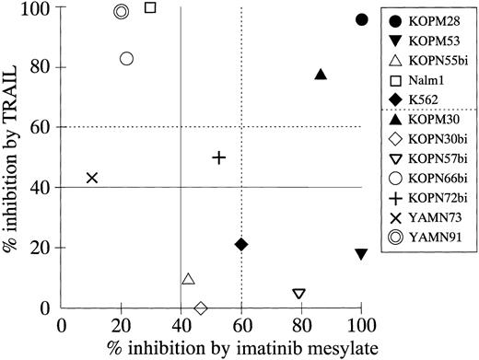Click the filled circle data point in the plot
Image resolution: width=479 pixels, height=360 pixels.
click(x=362, y=19)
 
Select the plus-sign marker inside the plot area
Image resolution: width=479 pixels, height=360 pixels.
click(x=219, y=157)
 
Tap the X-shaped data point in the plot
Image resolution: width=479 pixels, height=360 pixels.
click(x=92, y=178)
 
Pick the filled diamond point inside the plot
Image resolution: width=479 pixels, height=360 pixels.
click(x=241, y=244)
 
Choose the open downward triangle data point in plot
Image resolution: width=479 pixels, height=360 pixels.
click(x=299, y=294)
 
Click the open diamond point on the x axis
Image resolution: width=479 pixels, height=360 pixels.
click(x=201, y=308)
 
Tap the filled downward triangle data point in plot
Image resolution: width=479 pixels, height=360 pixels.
click(x=361, y=253)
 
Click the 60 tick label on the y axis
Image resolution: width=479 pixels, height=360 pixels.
click(x=41, y=127)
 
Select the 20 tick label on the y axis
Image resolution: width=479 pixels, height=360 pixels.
click(x=41, y=248)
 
